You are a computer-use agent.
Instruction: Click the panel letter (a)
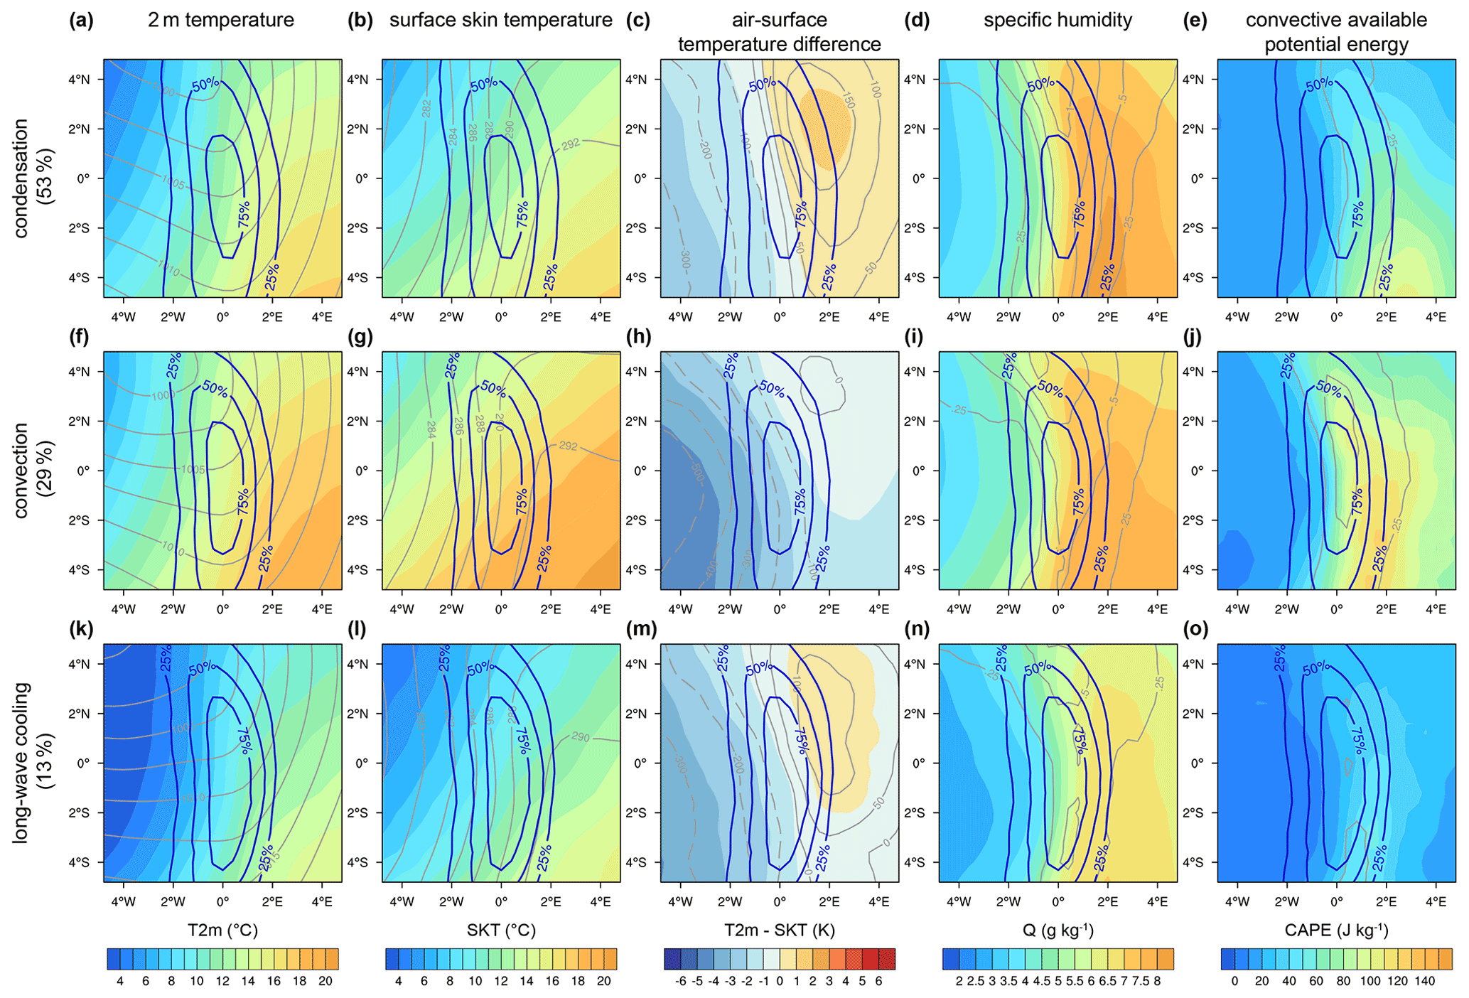[x=81, y=21]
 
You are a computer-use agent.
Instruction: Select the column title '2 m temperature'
[x=221, y=20]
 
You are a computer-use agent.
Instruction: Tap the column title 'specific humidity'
[x=1058, y=20]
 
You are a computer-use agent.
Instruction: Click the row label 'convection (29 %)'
[x=32, y=470]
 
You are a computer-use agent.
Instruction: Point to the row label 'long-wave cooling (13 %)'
[x=32, y=762]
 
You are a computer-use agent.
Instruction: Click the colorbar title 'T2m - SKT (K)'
[x=779, y=930]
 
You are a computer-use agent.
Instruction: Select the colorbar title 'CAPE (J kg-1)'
[x=1336, y=930]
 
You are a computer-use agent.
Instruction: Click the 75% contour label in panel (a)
[x=244, y=215]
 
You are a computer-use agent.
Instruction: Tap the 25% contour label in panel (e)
[x=1385, y=277]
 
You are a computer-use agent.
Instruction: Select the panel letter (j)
[x=1194, y=336]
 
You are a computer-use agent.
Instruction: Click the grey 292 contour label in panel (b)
[x=571, y=144]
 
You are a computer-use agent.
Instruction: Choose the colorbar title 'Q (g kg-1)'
[x=1058, y=930]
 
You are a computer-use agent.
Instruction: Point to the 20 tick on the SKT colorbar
[x=603, y=982]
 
